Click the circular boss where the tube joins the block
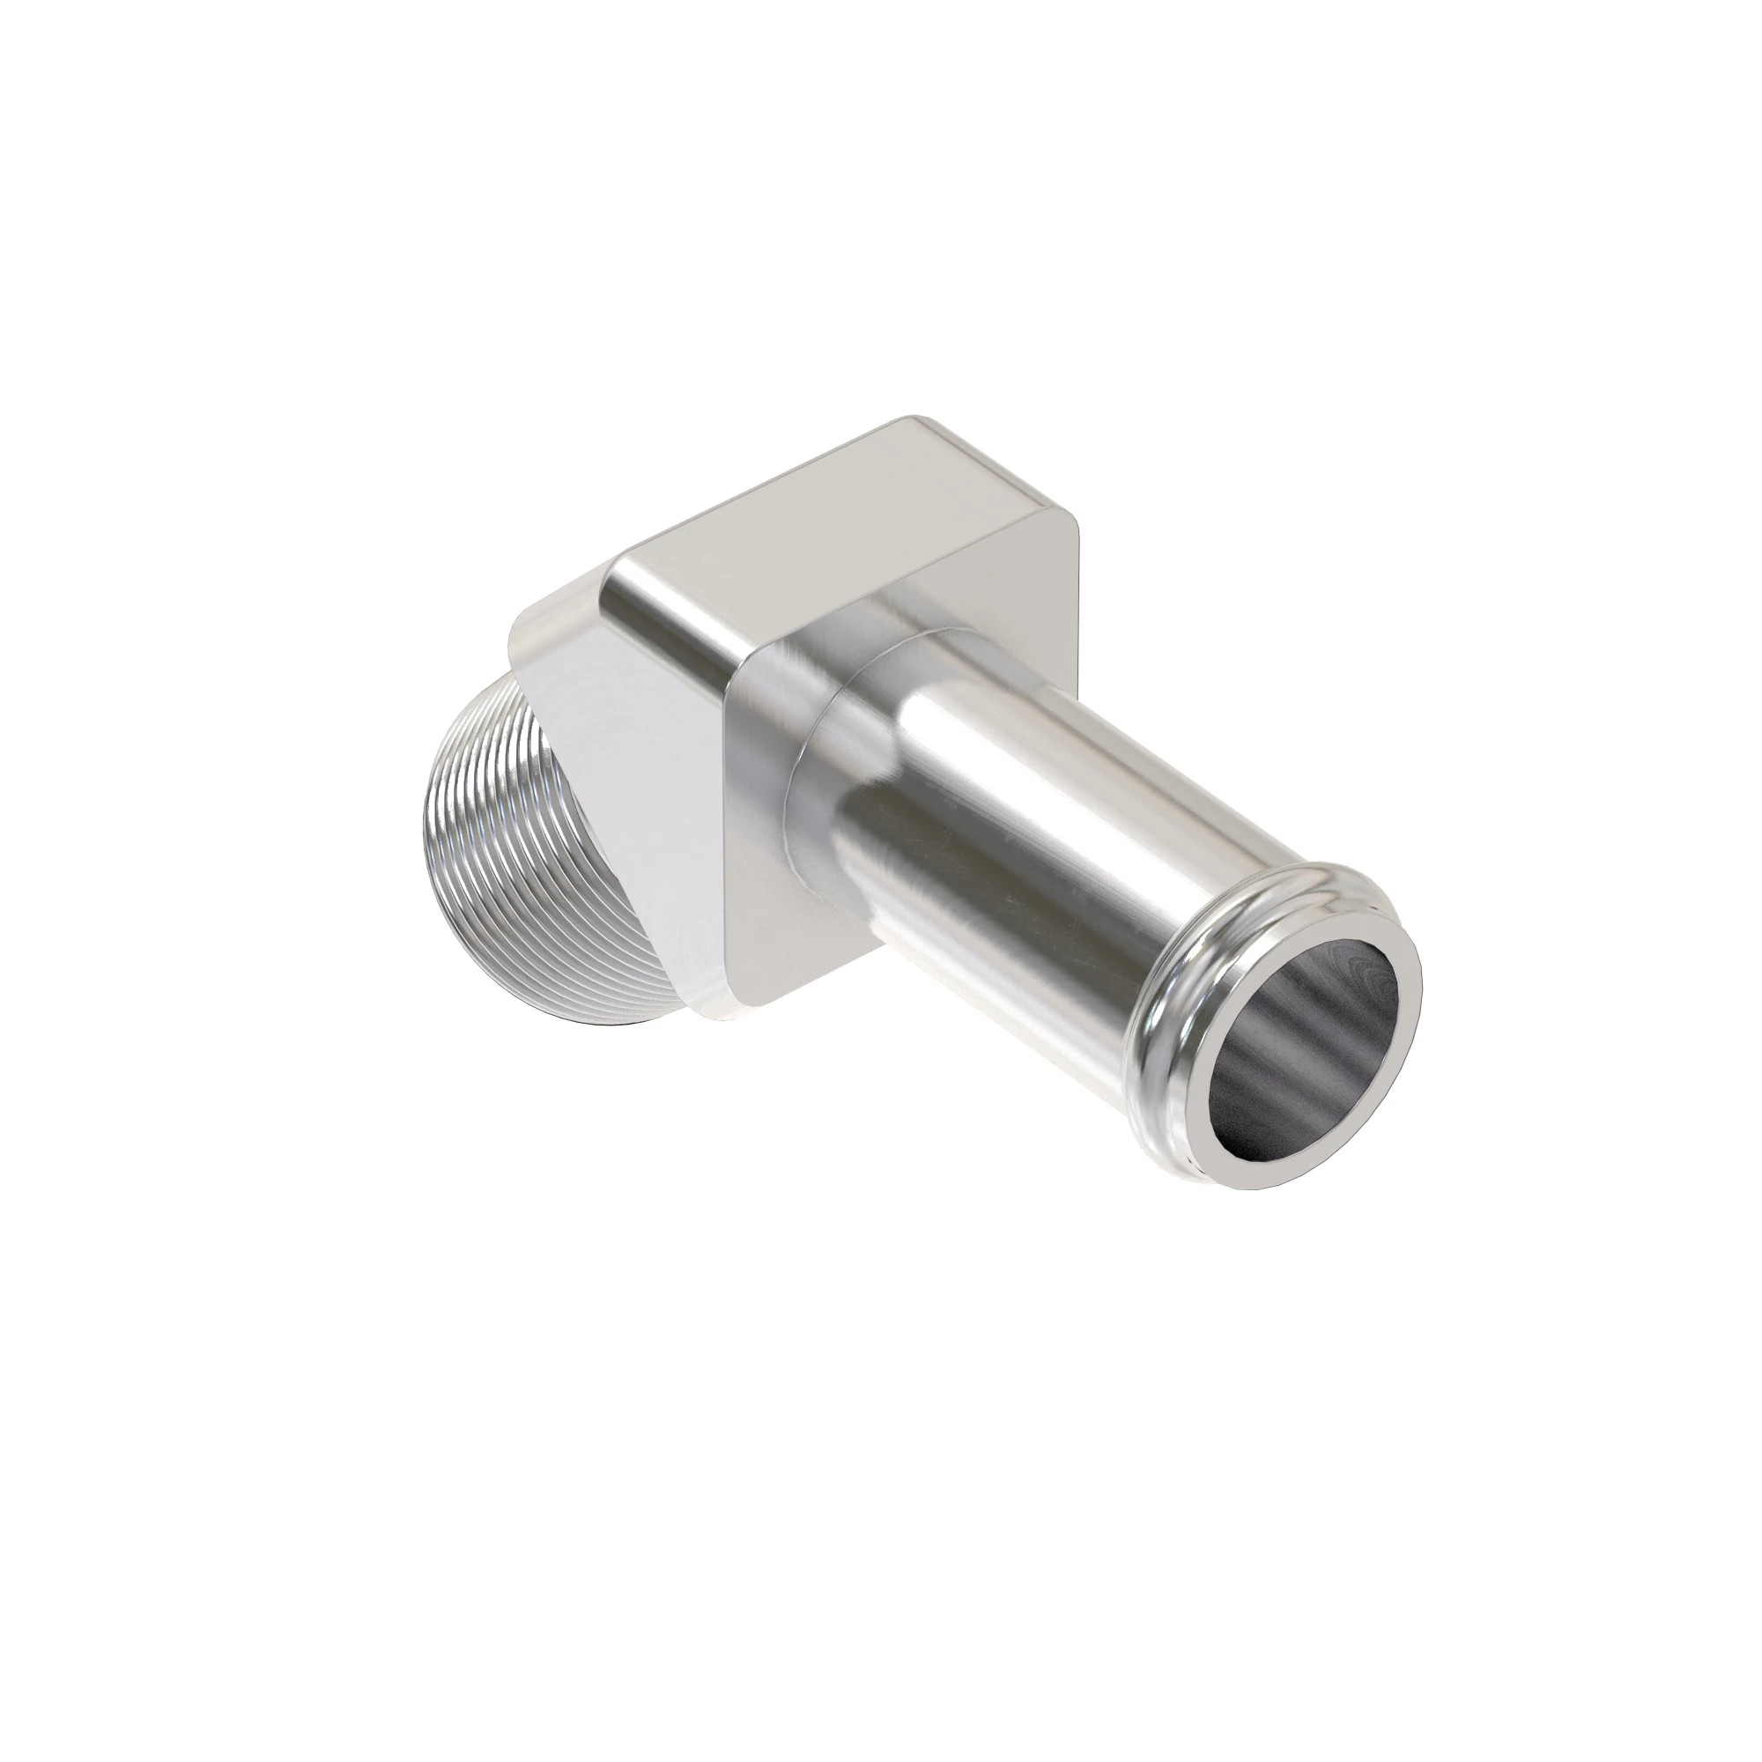[x=821, y=721]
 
